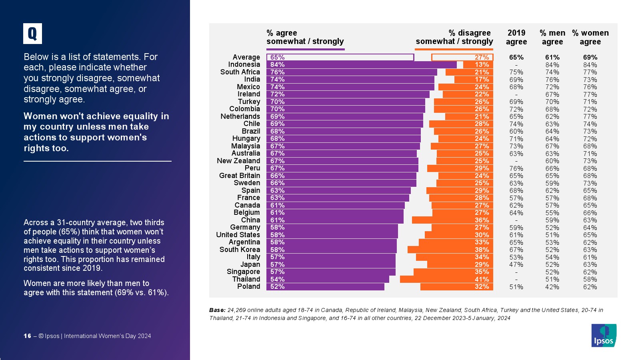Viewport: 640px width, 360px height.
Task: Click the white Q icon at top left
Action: [x=32, y=34]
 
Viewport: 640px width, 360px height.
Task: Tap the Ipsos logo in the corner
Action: [x=604, y=335]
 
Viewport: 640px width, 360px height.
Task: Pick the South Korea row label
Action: [x=240, y=250]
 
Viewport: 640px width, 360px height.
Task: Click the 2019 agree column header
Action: [x=516, y=37]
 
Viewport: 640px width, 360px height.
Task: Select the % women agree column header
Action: [x=590, y=37]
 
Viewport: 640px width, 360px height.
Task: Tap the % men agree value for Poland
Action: [x=552, y=287]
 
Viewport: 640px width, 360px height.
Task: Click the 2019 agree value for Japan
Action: [x=516, y=264]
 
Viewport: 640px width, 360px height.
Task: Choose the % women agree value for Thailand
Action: [x=590, y=279]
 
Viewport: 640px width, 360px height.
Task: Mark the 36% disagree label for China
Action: [x=482, y=220]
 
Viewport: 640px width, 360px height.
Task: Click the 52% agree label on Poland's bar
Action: [x=277, y=287]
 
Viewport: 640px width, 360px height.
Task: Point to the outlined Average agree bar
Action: [x=340, y=57]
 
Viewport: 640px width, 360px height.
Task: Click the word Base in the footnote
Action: [x=217, y=310]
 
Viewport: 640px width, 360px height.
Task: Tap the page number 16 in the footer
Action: [x=27, y=336]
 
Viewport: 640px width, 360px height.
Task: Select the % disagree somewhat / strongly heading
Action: [x=454, y=37]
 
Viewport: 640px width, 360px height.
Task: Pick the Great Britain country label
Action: [x=239, y=176]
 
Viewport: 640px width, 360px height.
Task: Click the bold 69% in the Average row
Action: [x=590, y=57]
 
